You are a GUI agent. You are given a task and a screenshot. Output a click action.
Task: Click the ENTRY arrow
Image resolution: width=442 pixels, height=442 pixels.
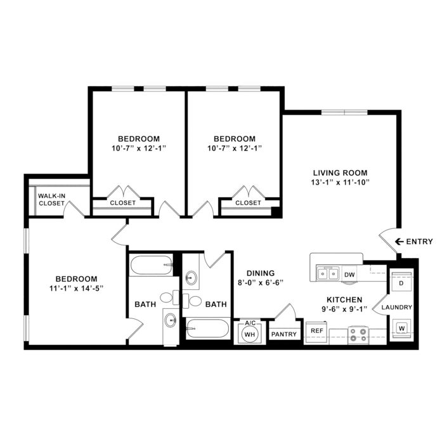(399, 242)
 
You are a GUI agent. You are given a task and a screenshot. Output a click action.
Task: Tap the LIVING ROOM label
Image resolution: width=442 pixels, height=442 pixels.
(341, 172)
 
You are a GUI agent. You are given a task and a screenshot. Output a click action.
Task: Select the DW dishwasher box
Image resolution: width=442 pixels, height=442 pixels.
(349, 275)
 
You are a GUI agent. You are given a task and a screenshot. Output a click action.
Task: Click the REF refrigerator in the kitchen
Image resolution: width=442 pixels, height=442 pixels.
(316, 333)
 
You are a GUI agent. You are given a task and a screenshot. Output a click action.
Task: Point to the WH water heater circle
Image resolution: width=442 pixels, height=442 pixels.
(250, 334)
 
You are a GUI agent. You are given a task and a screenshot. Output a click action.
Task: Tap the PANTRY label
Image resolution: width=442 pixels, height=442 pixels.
(284, 334)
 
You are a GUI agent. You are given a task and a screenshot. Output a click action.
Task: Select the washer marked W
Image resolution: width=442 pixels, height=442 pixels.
(401, 328)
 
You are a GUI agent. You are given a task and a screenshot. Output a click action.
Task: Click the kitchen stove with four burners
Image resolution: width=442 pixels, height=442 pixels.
(358, 335)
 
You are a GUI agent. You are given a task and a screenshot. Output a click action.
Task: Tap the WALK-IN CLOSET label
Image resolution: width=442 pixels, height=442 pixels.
(51, 200)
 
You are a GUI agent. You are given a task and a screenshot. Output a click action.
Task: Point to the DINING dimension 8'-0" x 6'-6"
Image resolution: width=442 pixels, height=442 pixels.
(260, 282)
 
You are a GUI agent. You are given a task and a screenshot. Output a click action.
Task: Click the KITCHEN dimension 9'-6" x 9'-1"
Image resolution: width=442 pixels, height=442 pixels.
(344, 309)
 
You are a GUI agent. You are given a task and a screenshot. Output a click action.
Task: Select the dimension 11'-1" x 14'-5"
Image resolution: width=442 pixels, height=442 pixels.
(76, 289)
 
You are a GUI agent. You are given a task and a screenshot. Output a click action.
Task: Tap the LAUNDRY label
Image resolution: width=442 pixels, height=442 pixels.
(396, 308)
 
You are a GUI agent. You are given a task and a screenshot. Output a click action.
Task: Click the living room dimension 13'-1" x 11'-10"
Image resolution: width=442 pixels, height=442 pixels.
(341, 183)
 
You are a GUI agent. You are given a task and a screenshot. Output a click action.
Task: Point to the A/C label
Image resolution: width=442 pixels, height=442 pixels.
(250, 323)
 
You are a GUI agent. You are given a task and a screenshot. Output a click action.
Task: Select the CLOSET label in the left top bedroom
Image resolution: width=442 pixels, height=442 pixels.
(122, 203)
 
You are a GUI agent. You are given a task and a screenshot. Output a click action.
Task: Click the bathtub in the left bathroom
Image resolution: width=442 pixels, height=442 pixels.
(152, 265)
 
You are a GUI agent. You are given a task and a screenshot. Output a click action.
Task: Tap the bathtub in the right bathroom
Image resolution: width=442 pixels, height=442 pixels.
(208, 328)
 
